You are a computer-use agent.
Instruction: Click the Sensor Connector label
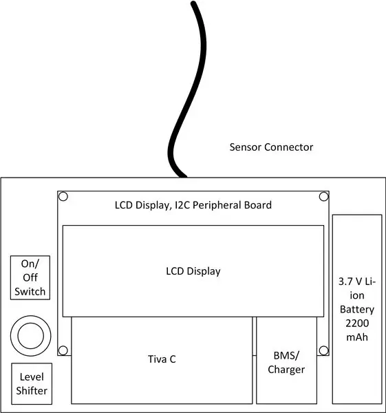[271, 147]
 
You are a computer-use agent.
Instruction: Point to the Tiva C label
[162, 359]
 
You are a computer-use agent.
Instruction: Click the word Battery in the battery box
[357, 310]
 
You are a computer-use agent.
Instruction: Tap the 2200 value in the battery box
[357, 324]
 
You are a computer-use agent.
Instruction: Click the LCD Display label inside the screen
[193, 271]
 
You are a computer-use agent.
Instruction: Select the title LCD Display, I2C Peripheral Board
[193, 205]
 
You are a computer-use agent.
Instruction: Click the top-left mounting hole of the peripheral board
[63, 196]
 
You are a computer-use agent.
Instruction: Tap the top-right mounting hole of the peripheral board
[324, 196]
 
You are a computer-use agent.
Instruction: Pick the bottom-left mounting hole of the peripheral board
[63, 350]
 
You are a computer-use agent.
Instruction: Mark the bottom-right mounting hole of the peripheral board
[324, 350]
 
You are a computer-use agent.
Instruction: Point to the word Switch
[30, 292]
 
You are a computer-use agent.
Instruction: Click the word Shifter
[32, 390]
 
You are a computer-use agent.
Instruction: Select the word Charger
[286, 370]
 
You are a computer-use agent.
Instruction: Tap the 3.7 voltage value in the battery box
[345, 282]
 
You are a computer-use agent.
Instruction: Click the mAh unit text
[357, 337]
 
